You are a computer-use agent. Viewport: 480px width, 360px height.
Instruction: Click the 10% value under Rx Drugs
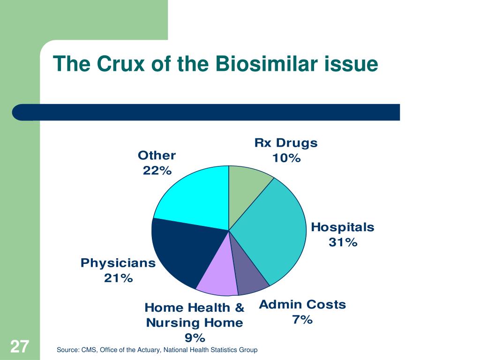pyautogui.click(x=286, y=158)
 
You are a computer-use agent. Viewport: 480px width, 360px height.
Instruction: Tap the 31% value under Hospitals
pyautogui.click(x=343, y=243)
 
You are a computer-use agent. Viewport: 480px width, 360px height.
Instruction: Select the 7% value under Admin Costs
pyautogui.click(x=302, y=320)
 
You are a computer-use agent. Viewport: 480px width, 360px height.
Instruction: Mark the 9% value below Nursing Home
pyautogui.click(x=195, y=337)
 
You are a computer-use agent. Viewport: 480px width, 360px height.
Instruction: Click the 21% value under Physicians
pyautogui.click(x=118, y=278)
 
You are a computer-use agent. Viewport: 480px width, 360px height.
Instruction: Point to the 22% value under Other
pyautogui.click(x=157, y=171)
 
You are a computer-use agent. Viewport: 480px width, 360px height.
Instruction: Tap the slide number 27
pyautogui.click(x=20, y=347)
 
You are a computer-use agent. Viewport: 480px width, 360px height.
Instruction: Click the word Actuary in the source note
pyautogui.click(x=141, y=350)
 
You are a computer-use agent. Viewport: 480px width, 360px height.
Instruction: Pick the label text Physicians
pyautogui.click(x=118, y=263)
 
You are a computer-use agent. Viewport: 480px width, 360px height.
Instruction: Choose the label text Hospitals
pyautogui.click(x=343, y=228)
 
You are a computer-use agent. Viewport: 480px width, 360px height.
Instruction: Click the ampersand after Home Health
pyautogui.click(x=239, y=308)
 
